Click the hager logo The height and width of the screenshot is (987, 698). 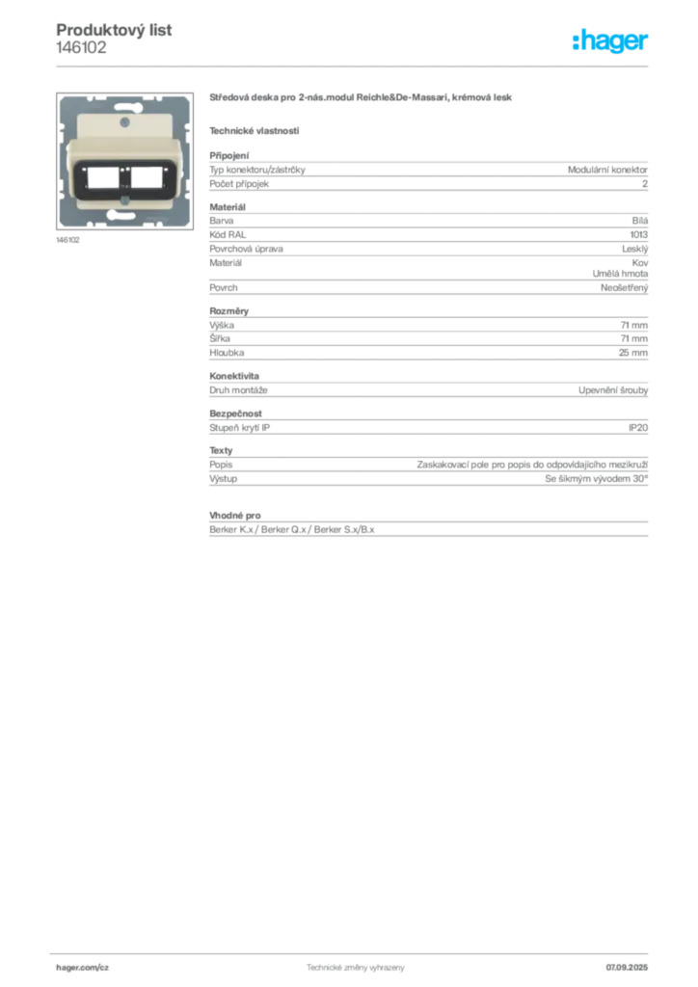pos(610,40)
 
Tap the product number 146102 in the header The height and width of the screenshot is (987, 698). pos(81,48)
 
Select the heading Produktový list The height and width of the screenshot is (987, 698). pos(114,30)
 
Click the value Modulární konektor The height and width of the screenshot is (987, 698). pos(607,170)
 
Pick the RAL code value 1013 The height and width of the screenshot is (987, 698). pos(639,235)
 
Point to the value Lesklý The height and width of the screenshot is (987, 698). pos(634,250)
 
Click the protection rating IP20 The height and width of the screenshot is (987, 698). pos(638,428)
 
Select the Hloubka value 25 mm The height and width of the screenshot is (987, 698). pos(633,353)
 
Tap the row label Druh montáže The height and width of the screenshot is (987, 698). pos(238,390)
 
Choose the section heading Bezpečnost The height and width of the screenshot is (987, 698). pos(235,413)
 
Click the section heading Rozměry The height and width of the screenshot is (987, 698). pos(229,311)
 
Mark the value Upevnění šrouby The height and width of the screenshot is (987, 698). pos(613,390)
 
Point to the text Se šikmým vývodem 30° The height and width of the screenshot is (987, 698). pos(596,479)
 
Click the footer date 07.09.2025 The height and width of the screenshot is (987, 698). pos(627,968)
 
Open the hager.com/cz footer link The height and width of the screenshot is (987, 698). pos(83,968)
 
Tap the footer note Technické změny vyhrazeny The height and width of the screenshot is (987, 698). pos(356,968)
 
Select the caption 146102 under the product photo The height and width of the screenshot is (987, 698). pos(68,240)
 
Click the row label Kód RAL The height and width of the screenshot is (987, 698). pos(228,235)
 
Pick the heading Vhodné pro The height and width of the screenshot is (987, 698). pos(235,516)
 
